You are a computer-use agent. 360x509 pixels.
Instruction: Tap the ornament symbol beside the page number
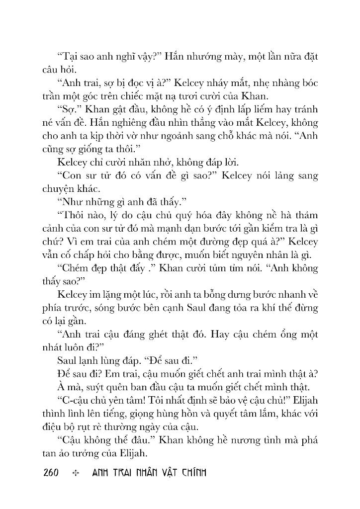[x=76, y=472]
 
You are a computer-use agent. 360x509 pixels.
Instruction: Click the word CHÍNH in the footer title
[x=191, y=472]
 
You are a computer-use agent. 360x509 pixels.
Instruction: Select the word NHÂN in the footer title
[x=141, y=472]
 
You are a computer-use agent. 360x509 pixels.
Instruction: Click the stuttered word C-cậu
[x=76, y=399]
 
